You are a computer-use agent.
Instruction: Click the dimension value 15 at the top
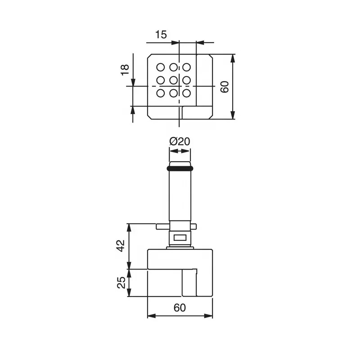(161, 35)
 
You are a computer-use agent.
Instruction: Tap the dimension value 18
(125, 70)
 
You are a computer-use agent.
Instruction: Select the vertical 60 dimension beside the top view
(224, 87)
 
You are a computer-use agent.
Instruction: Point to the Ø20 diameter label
(180, 141)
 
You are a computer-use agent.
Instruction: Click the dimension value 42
(121, 246)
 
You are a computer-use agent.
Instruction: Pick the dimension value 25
(121, 283)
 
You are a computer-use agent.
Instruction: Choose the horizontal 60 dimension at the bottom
(180, 308)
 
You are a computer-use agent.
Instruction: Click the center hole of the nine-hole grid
(173, 81)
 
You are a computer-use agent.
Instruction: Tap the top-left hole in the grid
(161, 67)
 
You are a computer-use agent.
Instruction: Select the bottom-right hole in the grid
(186, 93)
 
